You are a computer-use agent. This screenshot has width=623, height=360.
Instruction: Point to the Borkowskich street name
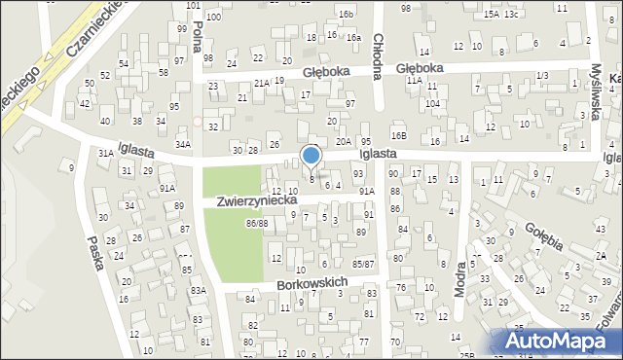click(x=311, y=283)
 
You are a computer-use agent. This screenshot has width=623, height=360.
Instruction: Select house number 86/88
click(x=257, y=224)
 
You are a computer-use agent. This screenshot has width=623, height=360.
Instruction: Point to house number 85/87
click(x=363, y=264)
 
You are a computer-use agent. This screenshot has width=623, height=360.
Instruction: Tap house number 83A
click(x=199, y=290)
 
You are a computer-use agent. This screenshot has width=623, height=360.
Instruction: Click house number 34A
click(x=182, y=145)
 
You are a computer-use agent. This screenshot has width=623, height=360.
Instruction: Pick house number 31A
click(x=105, y=153)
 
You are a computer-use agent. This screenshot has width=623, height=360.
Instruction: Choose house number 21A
click(x=261, y=84)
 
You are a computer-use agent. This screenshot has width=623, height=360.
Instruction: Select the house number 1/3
click(x=542, y=75)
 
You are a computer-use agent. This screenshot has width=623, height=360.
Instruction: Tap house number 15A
click(x=491, y=15)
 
